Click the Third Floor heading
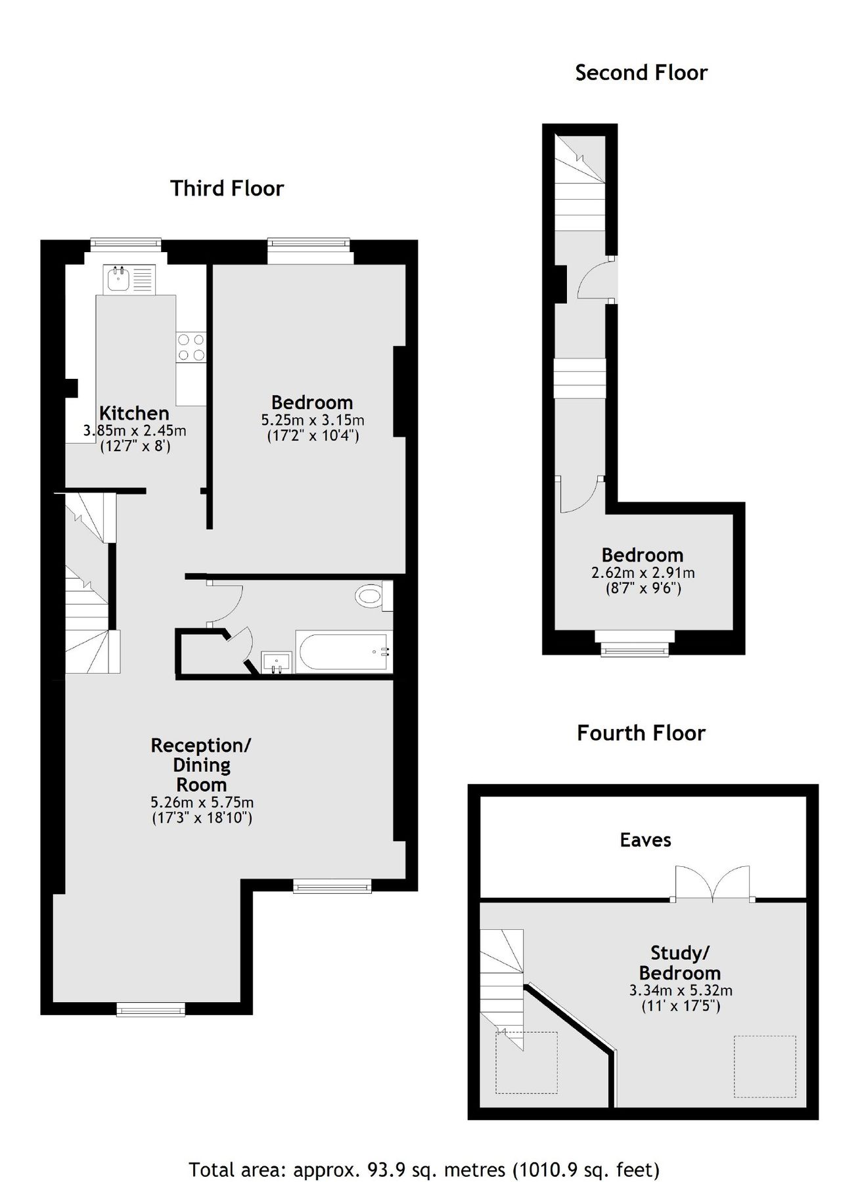(x=227, y=188)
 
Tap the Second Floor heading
(x=641, y=72)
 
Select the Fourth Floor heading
(x=641, y=733)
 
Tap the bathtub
(x=344, y=652)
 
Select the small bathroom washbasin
(x=277, y=662)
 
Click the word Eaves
(x=645, y=840)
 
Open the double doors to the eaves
(x=713, y=884)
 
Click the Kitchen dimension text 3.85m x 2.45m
(x=135, y=431)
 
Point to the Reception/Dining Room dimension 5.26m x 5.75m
(x=202, y=802)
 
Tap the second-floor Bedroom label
(x=643, y=555)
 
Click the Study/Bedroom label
(x=680, y=963)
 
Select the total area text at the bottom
(x=424, y=1151)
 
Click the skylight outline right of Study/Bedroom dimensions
(x=764, y=1066)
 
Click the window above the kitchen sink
(x=126, y=244)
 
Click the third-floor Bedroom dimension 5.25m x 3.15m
(x=313, y=420)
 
